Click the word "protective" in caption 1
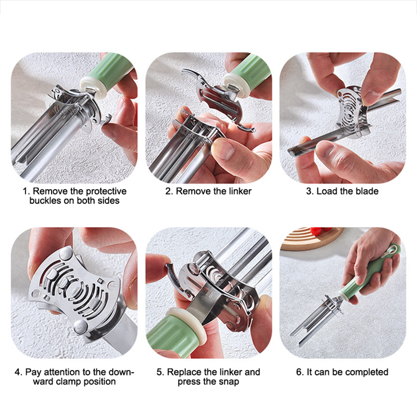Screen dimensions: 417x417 point(106,192)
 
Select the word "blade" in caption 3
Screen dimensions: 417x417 point(365,191)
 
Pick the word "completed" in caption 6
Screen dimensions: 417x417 point(367,372)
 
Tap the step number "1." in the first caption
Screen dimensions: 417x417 point(27,191)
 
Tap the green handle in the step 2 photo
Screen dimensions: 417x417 point(250,76)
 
